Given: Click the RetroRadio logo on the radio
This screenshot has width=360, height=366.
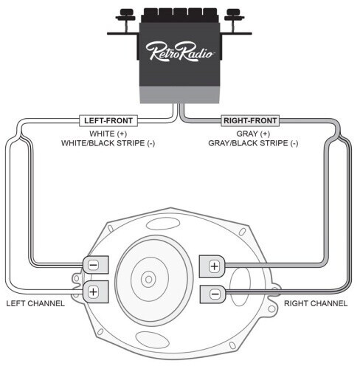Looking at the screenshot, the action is tap(179, 52).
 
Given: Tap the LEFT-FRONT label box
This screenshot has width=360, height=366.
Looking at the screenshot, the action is tap(108, 121).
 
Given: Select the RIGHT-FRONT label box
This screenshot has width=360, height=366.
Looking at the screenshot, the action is tap(250, 121).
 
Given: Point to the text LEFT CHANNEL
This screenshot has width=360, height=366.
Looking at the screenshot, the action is tap(35, 303).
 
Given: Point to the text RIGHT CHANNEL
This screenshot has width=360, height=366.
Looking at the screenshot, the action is tap(316, 303).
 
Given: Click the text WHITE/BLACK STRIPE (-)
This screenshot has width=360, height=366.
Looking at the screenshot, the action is tap(108, 143).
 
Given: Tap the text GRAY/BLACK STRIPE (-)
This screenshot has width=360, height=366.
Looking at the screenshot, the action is tap(253, 143).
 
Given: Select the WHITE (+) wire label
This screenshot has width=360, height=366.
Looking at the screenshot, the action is tap(108, 134).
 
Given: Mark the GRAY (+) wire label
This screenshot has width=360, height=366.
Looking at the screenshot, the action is tap(253, 134).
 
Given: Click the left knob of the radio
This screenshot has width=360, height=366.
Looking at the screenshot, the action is tap(125, 15).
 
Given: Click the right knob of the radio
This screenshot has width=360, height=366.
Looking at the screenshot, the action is tap(234, 15).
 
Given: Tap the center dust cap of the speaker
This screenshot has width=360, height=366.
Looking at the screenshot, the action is tap(148, 280).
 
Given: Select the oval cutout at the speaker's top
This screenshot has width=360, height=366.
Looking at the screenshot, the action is tap(163, 224).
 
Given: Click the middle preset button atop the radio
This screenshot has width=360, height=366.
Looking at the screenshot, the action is tap(181, 13).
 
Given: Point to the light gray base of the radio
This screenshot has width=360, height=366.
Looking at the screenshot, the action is tap(179, 94).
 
